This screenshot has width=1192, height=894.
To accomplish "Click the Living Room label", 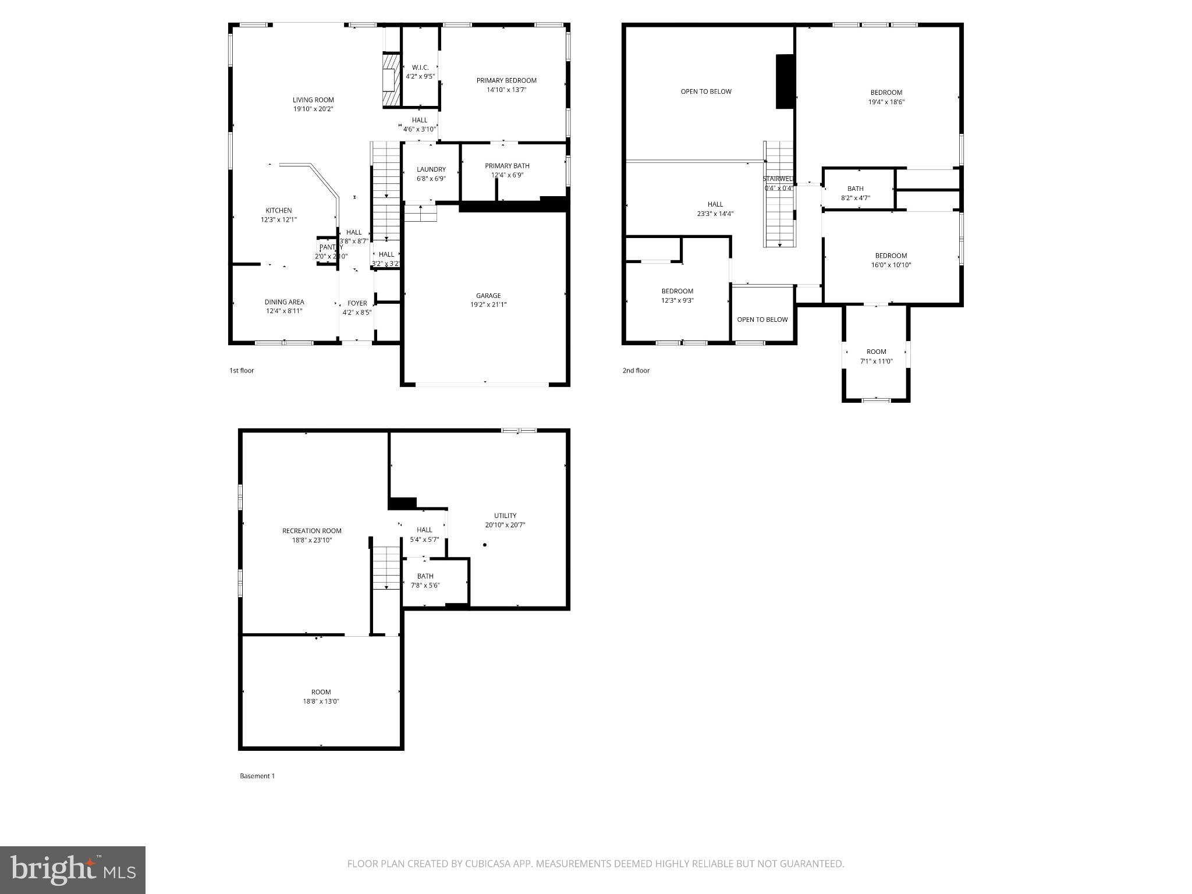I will (313, 100).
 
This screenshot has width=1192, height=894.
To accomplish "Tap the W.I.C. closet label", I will (420, 68).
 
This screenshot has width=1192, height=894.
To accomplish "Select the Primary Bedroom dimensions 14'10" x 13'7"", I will (506, 90).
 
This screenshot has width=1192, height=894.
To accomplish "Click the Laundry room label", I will (431, 170).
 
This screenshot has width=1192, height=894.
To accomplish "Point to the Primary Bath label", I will (507, 166).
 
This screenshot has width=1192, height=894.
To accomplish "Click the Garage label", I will (488, 296).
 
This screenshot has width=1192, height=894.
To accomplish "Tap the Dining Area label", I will (284, 302).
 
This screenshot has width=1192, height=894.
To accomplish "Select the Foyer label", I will (357, 303).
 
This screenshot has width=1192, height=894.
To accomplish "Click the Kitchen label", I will (279, 211).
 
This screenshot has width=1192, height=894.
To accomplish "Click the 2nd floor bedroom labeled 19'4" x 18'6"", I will (886, 97).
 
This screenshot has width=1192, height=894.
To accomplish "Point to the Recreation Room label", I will (312, 531).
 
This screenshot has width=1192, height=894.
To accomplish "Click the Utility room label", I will (505, 516).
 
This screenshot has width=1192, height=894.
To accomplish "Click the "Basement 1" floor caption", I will (257, 776).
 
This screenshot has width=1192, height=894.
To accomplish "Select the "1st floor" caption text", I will (242, 371).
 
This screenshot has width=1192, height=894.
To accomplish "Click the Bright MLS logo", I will (73, 870).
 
